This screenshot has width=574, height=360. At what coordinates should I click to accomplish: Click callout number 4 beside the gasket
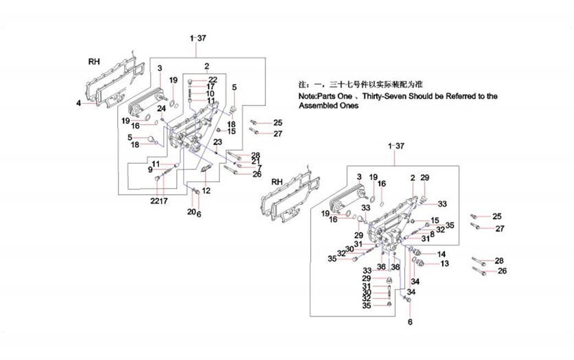click(x=79, y=102)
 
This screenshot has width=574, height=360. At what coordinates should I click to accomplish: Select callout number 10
click(x=211, y=94)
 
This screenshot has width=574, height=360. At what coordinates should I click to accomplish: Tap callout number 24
click(x=162, y=108)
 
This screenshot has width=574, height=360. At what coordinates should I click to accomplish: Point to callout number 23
click(x=218, y=142)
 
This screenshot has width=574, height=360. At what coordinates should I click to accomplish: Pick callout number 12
click(x=206, y=191)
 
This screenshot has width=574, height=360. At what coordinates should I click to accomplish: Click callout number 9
click(x=150, y=170)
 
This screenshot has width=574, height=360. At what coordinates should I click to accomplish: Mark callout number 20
click(x=191, y=212)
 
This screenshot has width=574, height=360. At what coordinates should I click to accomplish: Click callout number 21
click(x=256, y=161)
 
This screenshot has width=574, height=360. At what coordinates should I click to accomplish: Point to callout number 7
click(x=259, y=168)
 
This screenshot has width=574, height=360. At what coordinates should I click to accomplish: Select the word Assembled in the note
click(x=318, y=106)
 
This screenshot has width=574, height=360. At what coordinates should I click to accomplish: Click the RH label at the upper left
click(x=94, y=62)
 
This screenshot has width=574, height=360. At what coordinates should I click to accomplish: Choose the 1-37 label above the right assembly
click(x=396, y=146)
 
